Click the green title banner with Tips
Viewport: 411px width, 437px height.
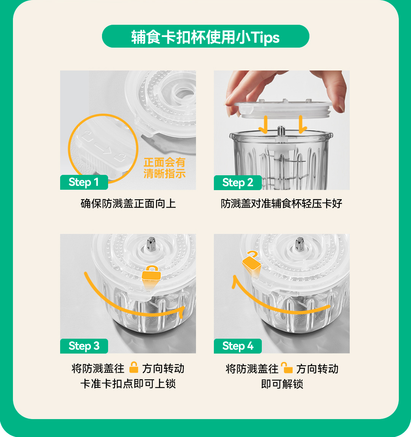click(x=205, y=36)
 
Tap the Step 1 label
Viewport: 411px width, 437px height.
click(x=84, y=182)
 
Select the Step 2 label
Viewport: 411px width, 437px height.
click(x=237, y=182)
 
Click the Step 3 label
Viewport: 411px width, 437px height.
click(x=84, y=346)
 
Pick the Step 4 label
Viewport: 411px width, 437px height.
click(x=237, y=346)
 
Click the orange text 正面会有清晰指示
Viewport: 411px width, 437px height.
click(x=164, y=168)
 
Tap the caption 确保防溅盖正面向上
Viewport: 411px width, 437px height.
click(x=128, y=203)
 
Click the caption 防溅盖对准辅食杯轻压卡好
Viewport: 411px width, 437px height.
click(x=282, y=203)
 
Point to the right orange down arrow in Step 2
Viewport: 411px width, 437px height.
click(x=302, y=124)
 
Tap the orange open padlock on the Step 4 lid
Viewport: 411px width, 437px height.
click(x=252, y=261)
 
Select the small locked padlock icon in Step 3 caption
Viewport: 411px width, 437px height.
click(x=134, y=367)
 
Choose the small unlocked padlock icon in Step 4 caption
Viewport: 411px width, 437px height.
click(x=287, y=368)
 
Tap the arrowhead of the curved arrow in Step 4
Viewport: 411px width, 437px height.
click(x=235, y=280)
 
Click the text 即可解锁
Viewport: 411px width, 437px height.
click(x=282, y=384)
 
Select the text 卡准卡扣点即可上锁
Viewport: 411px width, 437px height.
click(x=128, y=384)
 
